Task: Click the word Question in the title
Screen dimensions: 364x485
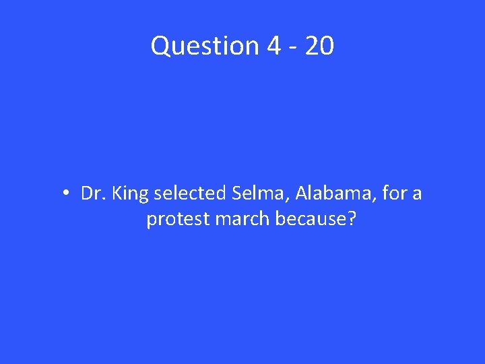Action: pos(205,46)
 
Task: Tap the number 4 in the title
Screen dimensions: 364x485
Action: pos(273,46)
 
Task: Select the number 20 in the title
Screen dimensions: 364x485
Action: pos(319,46)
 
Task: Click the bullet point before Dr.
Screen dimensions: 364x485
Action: pos(67,194)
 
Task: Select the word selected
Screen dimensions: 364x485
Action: pos(191,194)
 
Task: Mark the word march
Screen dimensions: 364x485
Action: pos(239,220)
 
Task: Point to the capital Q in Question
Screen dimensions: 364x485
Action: pos(160,46)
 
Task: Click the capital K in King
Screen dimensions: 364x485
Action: pos(117,194)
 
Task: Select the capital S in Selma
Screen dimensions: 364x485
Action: pos(236,194)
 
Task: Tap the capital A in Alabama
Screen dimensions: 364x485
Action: pos(300,194)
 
